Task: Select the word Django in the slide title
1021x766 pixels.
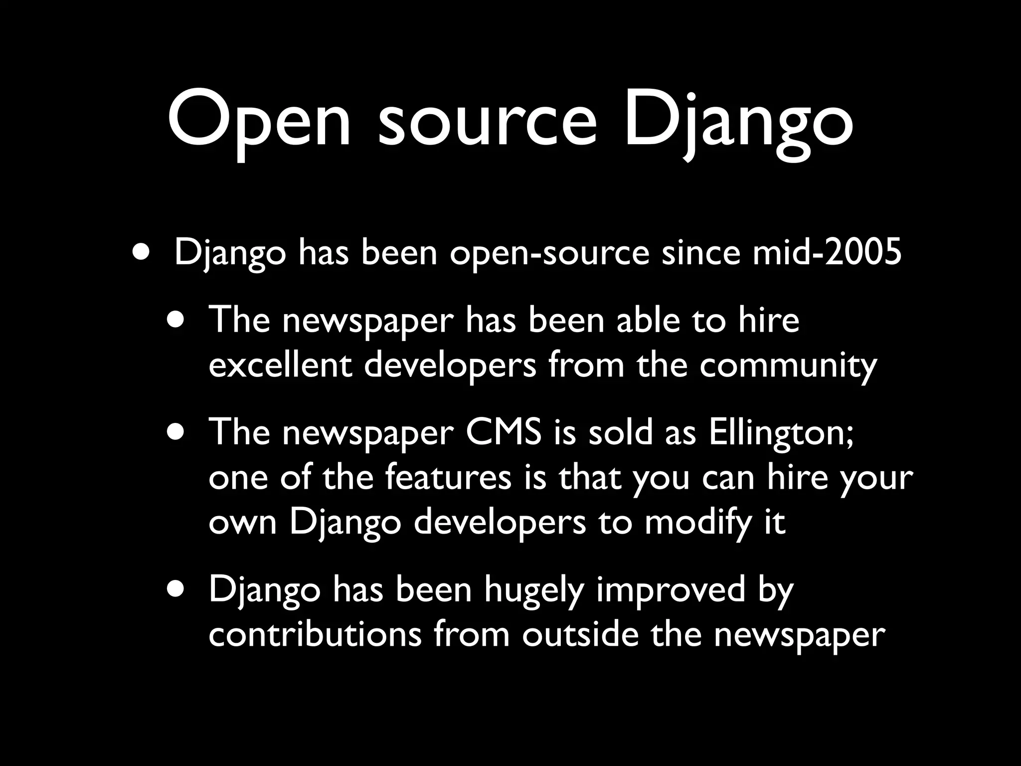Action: (x=738, y=122)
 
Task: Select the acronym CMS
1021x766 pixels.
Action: (x=503, y=432)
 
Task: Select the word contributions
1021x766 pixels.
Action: (x=315, y=634)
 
